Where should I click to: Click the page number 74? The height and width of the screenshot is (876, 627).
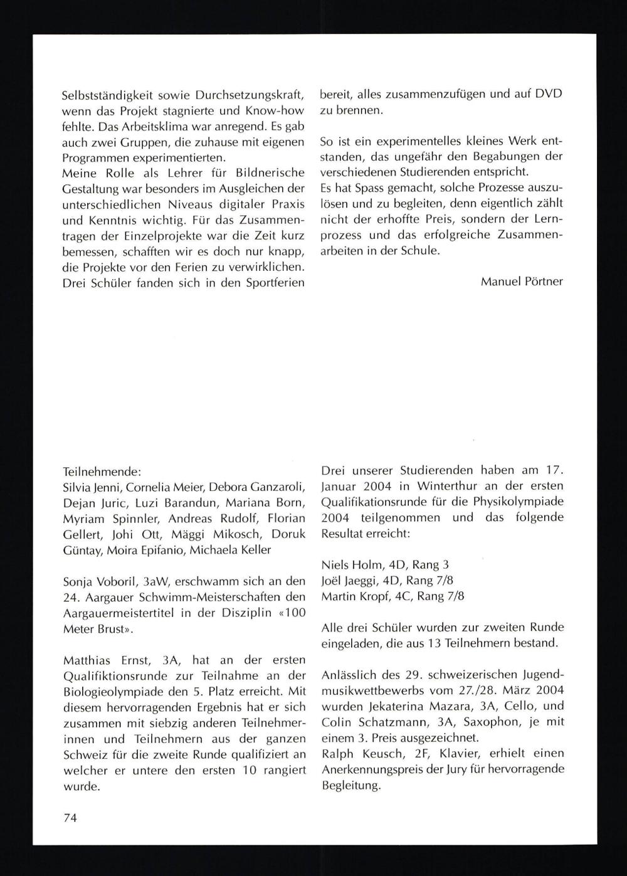(x=70, y=818)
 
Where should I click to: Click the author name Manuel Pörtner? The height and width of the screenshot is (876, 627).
(x=522, y=281)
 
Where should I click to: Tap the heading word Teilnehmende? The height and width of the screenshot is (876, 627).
(x=102, y=470)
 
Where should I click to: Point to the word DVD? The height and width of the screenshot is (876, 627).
(x=549, y=94)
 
